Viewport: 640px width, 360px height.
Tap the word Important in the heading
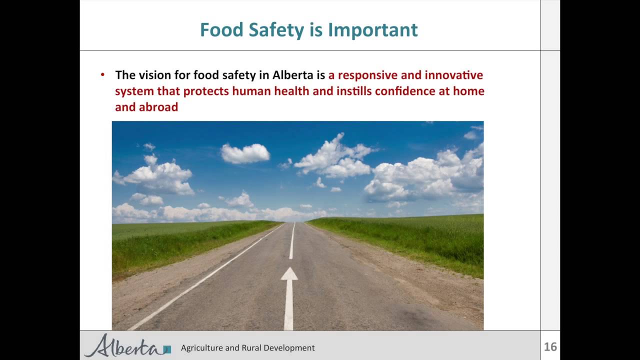[372, 30]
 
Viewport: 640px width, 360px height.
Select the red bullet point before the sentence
[103, 75]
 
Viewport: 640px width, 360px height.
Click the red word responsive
[374, 75]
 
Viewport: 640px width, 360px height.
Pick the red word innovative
[453, 75]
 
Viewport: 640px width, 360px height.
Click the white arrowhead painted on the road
[289, 274]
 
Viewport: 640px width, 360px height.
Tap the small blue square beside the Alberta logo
[167, 349]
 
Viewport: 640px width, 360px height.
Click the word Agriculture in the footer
[201, 348]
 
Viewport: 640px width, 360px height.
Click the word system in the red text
[131, 91]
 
